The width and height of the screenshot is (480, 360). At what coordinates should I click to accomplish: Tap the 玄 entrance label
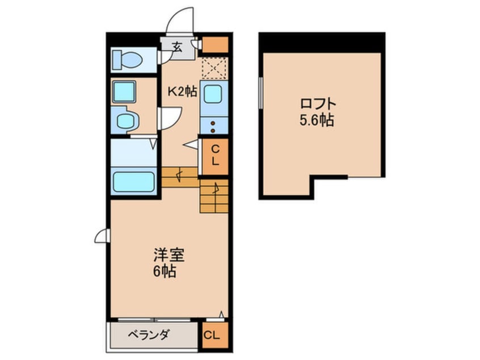click(x=177, y=47)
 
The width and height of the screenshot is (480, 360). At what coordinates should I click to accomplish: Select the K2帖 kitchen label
click(x=182, y=91)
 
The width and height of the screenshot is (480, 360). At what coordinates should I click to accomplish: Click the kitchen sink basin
click(x=214, y=93)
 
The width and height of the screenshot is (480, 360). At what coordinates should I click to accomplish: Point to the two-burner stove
click(x=214, y=126)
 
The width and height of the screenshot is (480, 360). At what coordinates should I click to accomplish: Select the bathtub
click(x=134, y=182)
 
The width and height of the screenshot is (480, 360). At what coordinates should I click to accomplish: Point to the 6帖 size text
click(x=164, y=271)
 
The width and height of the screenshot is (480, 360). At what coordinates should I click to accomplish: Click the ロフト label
click(x=318, y=105)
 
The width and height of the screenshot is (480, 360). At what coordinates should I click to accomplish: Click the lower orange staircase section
click(x=214, y=196)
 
